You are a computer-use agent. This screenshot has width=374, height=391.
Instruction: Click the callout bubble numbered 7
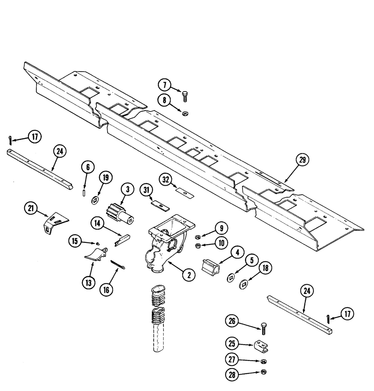165,84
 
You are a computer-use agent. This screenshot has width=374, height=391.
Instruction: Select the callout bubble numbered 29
302,160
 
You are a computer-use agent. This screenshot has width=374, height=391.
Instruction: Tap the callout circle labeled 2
189,275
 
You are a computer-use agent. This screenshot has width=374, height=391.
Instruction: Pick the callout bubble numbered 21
30,208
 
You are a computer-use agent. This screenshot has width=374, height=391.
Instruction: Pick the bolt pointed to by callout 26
263,330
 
